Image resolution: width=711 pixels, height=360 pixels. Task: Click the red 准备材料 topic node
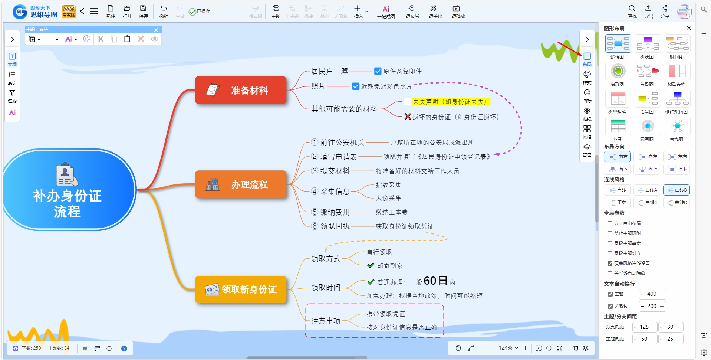pos(241,90)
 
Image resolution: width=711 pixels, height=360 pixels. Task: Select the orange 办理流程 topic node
pos(241,184)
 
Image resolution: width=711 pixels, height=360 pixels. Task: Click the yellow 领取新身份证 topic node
pos(241,289)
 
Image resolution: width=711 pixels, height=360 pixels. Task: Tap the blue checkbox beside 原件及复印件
pos(378,71)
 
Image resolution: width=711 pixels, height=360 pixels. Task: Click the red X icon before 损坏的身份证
pos(408,117)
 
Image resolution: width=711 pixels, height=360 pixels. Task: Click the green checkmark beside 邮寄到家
pos(371,265)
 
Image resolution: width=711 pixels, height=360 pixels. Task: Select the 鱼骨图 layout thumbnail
pos(648,71)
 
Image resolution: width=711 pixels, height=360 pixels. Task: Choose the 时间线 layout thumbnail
pos(677,43)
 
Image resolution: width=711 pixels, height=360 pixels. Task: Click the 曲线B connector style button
pos(677,190)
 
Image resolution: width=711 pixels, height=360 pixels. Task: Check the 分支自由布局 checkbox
pos(610,223)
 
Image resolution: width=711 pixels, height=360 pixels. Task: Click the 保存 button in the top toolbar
pos(143,12)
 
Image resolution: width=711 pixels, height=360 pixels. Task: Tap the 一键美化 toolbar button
pos(433,12)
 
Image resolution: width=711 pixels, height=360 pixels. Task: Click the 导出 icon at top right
pos(648,12)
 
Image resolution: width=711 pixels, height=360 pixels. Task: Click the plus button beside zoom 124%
pos(526,348)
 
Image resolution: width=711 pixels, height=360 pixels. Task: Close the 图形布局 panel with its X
pos(689,28)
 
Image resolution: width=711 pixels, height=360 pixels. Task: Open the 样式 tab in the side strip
pos(587,78)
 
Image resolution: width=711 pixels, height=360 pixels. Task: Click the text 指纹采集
pos(388,185)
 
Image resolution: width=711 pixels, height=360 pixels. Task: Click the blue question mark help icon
pos(124,348)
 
